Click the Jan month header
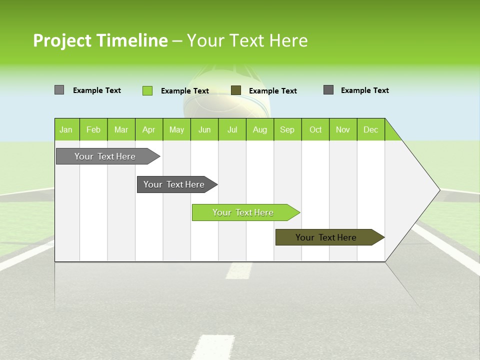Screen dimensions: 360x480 tap(66, 129)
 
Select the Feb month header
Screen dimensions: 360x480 tap(93, 129)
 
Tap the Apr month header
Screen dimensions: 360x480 tap(148, 129)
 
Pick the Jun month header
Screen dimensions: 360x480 tap(204, 129)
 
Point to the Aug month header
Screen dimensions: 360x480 tap(259, 129)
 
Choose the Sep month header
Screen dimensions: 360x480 tap(287, 129)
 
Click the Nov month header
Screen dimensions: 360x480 tap(343, 129)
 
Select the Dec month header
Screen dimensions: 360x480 tap(370, 129)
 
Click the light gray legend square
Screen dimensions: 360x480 tap(59, 90)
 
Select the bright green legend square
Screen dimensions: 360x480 tap(147, 90)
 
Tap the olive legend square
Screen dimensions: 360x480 tap(236, 90)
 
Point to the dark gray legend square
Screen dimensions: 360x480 tap(328, 90)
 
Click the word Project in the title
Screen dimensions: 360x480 tap(62, 40)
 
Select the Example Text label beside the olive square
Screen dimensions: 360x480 tap(272, 91)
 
